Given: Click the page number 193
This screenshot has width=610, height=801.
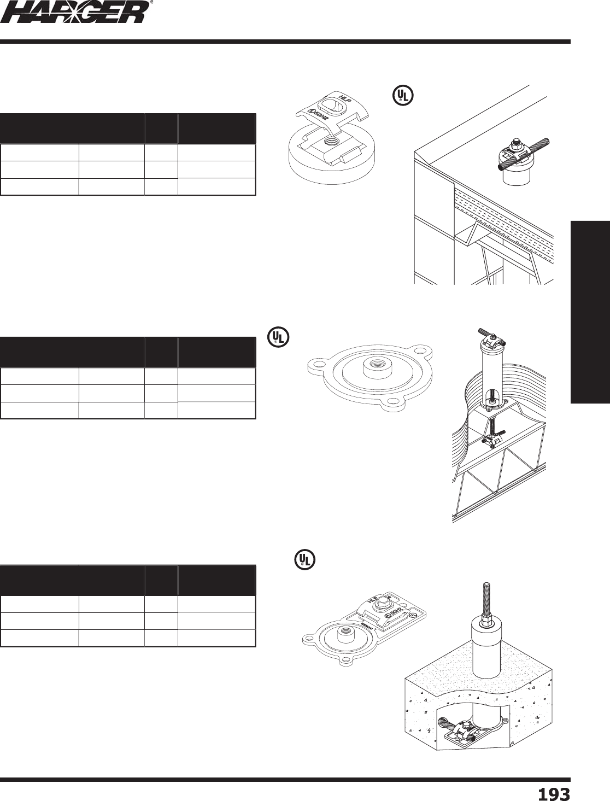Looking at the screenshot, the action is [554, 793].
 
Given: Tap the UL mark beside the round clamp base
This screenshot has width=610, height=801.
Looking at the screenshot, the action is [402, 96].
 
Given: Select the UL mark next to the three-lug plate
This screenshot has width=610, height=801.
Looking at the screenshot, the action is [278, 336].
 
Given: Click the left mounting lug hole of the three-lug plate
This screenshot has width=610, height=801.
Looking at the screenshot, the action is [316, 363].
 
